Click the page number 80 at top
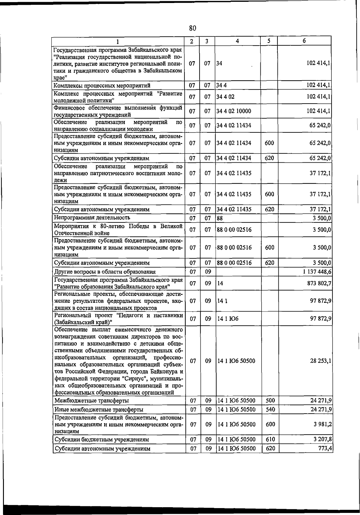tap(193, 28)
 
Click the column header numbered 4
tap(237, 41)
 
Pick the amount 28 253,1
tap(321, 361)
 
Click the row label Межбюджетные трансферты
tap(92, 401)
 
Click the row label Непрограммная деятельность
tap(92, 218)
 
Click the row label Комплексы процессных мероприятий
tap(102, 86)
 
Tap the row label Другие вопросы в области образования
tap(105, 272)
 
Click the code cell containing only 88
tap(220, 218)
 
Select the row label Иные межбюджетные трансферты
tap(99, 410)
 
